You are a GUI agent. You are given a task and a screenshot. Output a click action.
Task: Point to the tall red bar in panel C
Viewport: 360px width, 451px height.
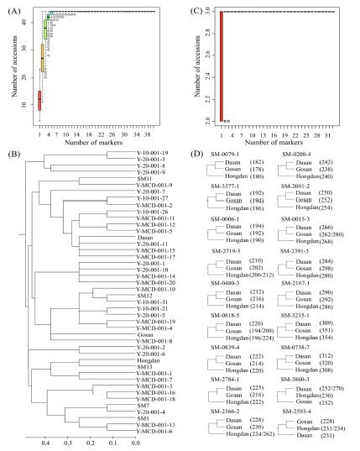[221, 67]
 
